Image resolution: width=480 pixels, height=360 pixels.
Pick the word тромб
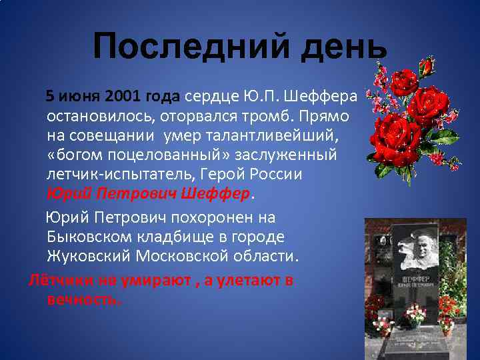pyautogui.click(x=287, y=116)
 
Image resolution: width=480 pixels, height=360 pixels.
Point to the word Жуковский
pyautogui.click(x=89, y=256)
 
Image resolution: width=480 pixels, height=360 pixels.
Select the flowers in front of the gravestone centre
pyautogui.click(x=416, y=313)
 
